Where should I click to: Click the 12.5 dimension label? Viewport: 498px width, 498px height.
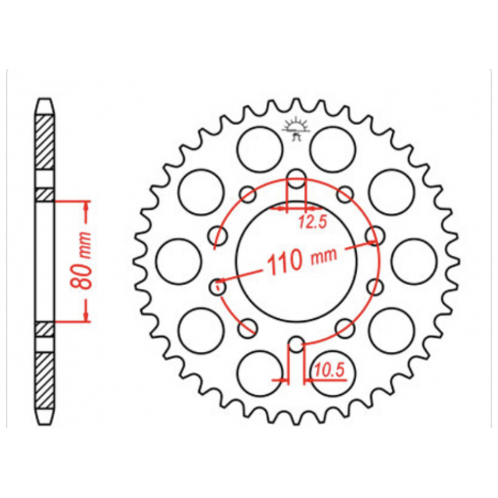(x=312, y=222)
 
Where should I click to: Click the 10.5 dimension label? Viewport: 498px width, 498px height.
(x=329, y=370)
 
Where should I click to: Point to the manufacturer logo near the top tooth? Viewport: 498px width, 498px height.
(x=296, y=128)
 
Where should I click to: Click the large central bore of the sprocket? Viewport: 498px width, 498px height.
(x=297, y=261)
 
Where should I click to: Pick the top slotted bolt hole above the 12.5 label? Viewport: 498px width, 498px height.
(x=296, y=179)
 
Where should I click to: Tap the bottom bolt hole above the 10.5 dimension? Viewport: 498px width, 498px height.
(x=296, y=344)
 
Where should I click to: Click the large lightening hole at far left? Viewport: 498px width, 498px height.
(x=179, y=261)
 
